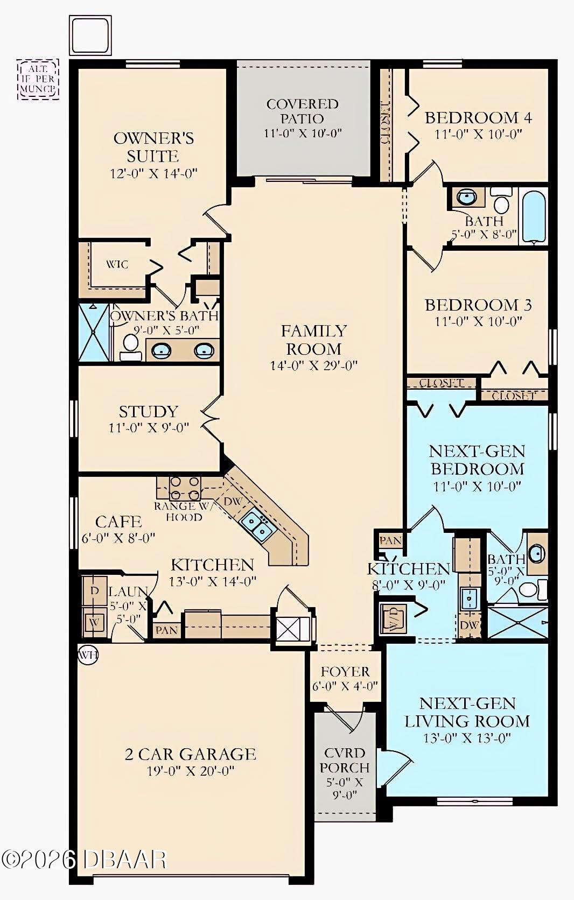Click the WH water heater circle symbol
(x=88, y=655)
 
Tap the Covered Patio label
(x=302, y=111)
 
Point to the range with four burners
(x=185, y=488)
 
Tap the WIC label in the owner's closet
(x=117, y=264)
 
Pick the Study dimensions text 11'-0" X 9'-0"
(x=149, y=428)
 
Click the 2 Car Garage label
(x=191, y=754)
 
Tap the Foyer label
(x=345, y=672)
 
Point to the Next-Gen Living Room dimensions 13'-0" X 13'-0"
(x=467, y=737)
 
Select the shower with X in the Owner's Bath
(x=94, y=333)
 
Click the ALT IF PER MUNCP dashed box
(x=37, y=80)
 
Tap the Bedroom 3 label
(x=478, y=305)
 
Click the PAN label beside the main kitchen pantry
(x=167, y=630)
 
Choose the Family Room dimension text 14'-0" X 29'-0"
(x=313, y=366)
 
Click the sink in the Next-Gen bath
(x=536, y=553)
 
